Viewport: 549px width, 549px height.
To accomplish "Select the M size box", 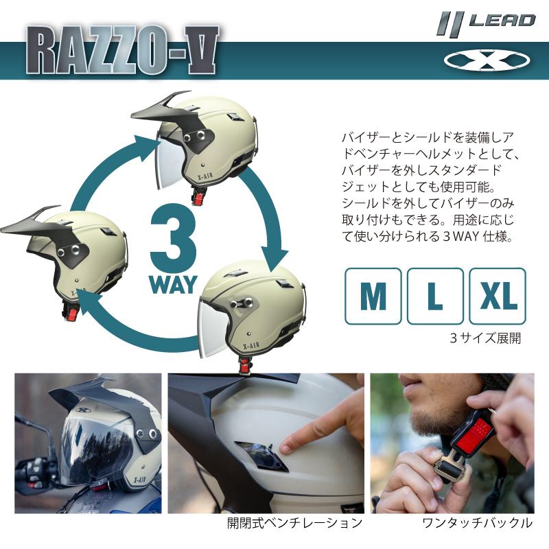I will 373,296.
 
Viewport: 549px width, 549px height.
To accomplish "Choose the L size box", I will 435,296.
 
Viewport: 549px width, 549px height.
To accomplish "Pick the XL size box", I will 498,296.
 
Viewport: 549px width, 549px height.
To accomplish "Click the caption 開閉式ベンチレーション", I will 295,524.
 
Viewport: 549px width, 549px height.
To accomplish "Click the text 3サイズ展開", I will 485,338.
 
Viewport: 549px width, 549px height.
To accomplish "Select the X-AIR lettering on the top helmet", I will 203,176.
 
